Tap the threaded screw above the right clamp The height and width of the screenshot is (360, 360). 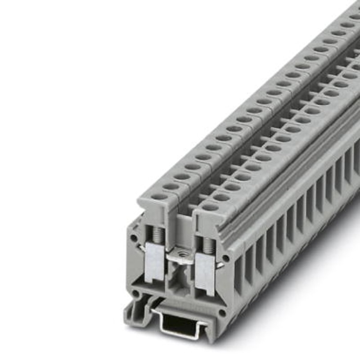click(207, 243)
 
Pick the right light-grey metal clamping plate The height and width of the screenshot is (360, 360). click(205, 272)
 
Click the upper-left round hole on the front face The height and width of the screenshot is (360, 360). click(134, 236)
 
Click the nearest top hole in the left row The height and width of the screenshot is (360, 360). click(158, 197)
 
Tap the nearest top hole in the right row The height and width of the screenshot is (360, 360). click(210, 207)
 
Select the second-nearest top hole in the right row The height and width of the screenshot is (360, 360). click(221, 197)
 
